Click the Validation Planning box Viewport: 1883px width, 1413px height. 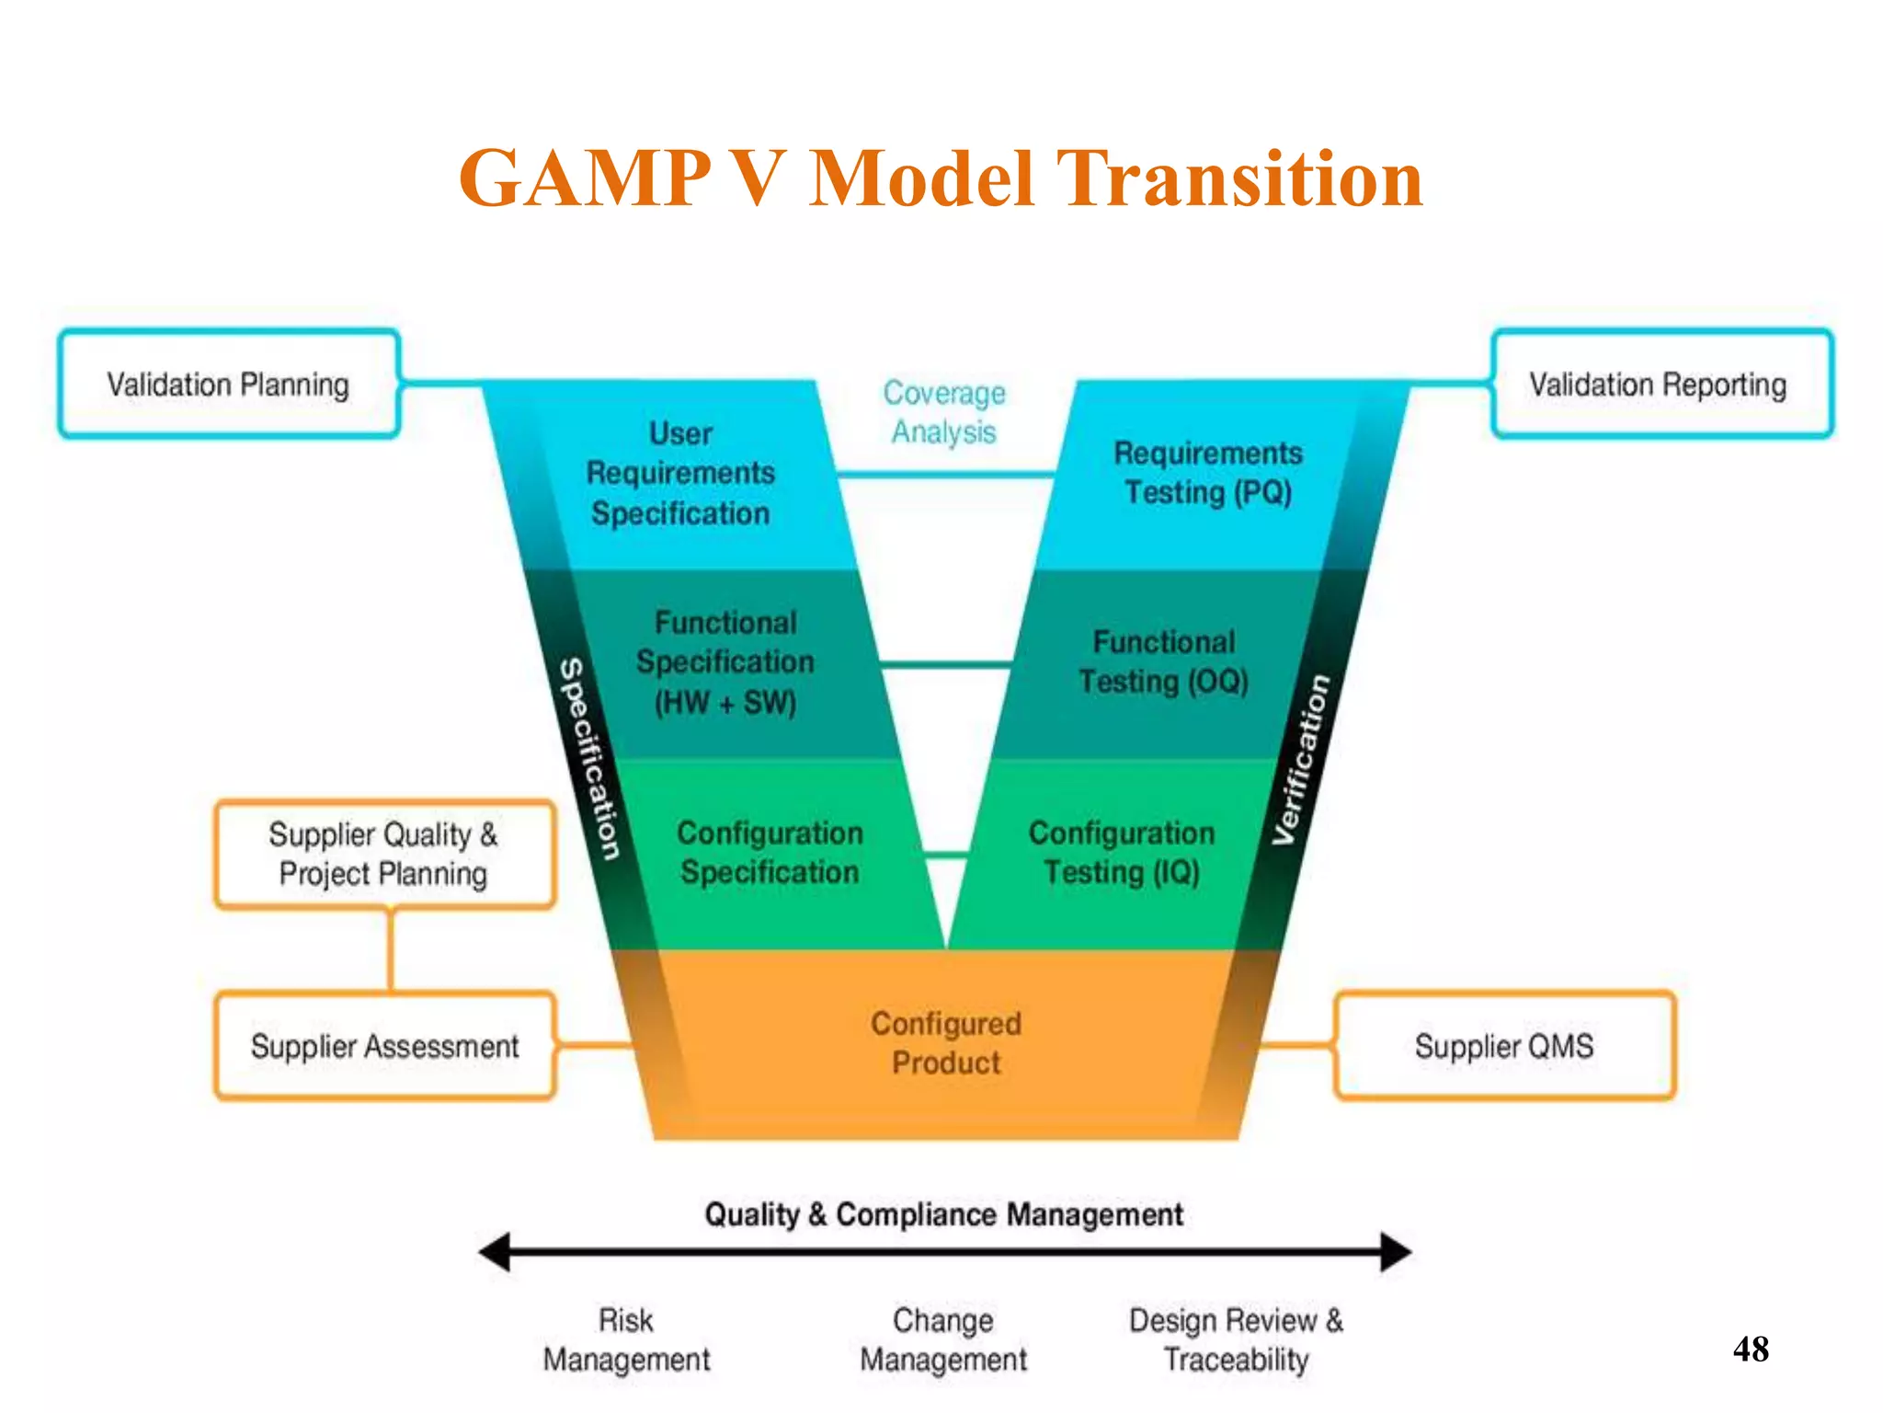tap(228, 384)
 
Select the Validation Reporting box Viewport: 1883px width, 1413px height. tap(1660, 384)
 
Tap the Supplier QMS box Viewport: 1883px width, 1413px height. tap(1504, 1046)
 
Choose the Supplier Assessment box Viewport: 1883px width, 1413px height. tap(384, 1046)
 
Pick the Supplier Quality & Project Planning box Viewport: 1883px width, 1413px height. tap(384, 854)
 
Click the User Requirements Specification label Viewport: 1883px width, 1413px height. tap(680, 473)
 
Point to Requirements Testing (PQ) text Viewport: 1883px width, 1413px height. tap(1208, 473)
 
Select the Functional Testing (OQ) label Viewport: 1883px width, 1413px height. tap(1164, 661)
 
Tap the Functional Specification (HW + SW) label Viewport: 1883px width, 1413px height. tap(725, 662)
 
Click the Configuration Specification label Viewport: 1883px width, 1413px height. tap(770, 853)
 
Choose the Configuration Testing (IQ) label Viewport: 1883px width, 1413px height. tap(1122, 853)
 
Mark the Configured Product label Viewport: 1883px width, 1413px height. tap(946, 1043)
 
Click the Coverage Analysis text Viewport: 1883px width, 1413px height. tap(944, 412)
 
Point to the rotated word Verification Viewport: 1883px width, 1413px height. tap(1300, 760)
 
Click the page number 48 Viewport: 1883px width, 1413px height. tap(1751, 1350)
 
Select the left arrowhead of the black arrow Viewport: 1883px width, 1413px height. tap(495, 1252)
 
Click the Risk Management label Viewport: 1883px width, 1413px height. tap(626, 1340)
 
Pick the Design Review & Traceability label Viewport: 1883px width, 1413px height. tap(1236, 1340)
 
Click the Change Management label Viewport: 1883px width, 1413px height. tap(943, 1340)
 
